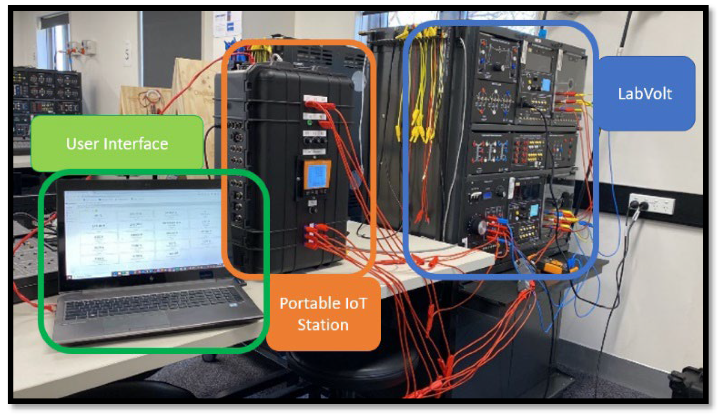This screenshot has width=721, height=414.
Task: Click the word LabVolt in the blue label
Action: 645,94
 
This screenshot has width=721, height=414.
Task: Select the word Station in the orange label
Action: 323,325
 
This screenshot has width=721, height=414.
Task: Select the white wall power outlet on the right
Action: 651,203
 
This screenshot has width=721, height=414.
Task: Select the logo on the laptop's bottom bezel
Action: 152,278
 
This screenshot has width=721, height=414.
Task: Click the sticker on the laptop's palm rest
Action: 234,305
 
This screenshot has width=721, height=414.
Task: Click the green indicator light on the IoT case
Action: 310,123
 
